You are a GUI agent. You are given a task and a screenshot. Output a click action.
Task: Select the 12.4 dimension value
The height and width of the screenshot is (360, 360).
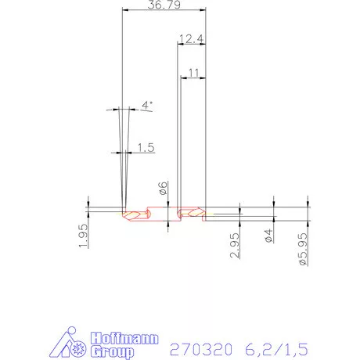190,39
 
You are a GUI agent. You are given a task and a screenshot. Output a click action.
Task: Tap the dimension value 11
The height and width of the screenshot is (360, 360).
194,72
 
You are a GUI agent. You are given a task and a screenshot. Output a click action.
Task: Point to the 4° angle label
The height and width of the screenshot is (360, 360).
146,105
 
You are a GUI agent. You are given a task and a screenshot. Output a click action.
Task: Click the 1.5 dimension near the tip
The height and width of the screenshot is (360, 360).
145,146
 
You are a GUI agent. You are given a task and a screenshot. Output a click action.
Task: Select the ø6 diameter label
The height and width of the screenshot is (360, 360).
163,188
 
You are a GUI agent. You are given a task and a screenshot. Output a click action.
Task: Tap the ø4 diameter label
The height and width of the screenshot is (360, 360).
268,235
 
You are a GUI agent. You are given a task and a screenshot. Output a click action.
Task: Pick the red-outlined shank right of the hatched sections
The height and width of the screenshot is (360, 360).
223,212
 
